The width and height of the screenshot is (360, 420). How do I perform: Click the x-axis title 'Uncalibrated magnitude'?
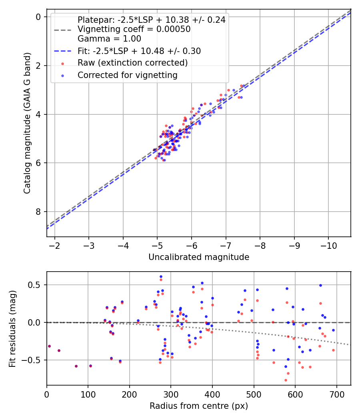[x=199, y=257]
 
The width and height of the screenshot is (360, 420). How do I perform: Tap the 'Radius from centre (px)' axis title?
[x=199, y=406]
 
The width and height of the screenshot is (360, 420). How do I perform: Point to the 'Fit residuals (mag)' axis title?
[x=12, y=329]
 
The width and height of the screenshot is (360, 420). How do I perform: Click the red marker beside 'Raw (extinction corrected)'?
[x=63, y=64]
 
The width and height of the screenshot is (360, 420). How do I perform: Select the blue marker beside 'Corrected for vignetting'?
[x=63, y=76]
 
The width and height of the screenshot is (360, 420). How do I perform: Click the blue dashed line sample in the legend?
[x=63, y=51]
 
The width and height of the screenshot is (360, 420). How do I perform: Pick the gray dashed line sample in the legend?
[x=63, y=30]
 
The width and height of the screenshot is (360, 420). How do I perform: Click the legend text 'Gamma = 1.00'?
[x=109, y=39]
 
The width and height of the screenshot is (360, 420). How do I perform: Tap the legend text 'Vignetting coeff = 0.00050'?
[x=134, y=29]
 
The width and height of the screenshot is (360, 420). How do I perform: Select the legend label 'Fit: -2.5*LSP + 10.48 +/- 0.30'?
[x=139, y=51]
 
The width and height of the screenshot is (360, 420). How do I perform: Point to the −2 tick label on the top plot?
[x=54, y=246]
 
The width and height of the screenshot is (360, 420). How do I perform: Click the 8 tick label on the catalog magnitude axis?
[x=38, y=212]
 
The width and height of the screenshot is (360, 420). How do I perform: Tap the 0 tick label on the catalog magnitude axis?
[x=38, y=17]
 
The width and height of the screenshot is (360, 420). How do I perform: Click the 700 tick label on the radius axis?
[x=336, y=394]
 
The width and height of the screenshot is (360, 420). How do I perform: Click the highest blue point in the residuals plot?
[x=161, y=277]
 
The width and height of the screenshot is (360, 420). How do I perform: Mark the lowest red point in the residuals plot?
[x=286, y=380]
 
